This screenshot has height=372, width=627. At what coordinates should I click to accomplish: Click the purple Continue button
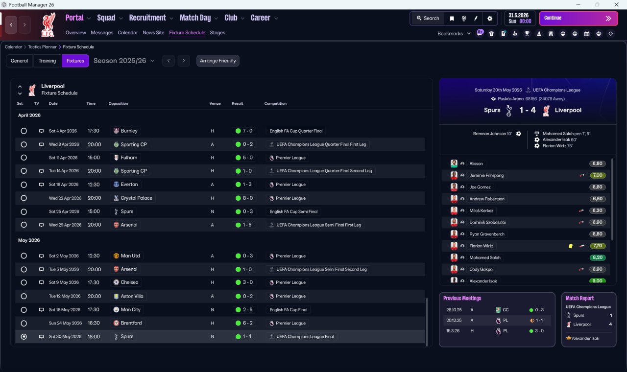579,18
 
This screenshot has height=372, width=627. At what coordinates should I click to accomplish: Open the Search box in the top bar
428,18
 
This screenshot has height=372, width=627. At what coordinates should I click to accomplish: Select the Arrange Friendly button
218,61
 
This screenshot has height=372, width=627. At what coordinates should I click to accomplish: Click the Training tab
47,61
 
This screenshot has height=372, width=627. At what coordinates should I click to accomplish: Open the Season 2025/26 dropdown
124,61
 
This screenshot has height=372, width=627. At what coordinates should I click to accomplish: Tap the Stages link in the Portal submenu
217,33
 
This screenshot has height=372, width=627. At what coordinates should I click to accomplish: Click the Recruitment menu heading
147,18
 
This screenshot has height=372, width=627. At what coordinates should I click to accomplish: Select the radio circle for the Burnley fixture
24,131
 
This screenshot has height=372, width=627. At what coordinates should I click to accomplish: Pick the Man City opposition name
130,310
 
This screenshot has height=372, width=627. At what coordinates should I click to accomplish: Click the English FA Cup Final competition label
289,310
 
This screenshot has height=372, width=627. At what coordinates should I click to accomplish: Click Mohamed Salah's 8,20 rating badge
597,257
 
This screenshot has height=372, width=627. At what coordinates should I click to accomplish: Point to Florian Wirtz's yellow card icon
571,246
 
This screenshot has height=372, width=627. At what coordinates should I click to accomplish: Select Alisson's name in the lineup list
476,163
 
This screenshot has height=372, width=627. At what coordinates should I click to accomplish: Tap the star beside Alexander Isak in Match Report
569,338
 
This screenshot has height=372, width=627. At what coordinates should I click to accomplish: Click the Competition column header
275,103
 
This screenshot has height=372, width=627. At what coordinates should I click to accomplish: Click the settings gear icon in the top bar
489,18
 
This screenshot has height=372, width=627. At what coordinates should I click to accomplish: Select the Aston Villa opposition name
132,296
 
